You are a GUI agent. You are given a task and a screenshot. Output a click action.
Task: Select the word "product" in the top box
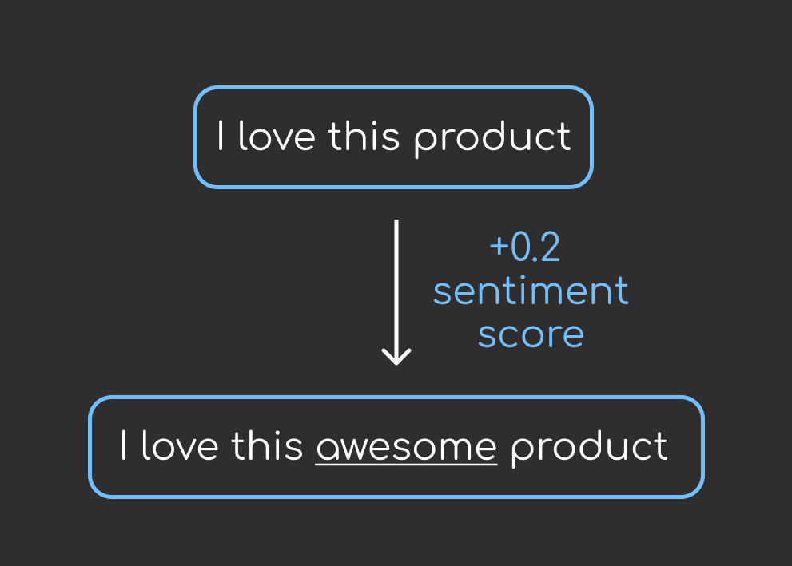click(x=492, y=139)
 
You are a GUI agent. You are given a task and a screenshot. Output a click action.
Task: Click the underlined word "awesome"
click(x=407, y=447)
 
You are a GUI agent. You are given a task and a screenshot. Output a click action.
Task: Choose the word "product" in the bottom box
click(x=590, y=449)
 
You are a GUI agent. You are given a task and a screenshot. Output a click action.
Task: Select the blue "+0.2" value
click(x=525, y=247)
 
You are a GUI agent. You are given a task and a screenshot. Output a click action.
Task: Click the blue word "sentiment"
click(x=531, y=291)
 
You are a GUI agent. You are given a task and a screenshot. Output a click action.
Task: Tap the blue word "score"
click(x=531, y=335)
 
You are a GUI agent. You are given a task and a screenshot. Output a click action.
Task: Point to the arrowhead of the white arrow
click(x=396, y=363)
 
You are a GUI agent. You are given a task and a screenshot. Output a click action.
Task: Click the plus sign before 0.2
click(x=499, y=247)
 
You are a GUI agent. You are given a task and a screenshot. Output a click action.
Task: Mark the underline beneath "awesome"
click(x=407, y=464)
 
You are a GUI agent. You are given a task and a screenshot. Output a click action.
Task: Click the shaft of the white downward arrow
click(x=396, y=290)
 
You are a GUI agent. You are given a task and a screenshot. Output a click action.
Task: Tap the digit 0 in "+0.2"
click(x=520, y=247)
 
